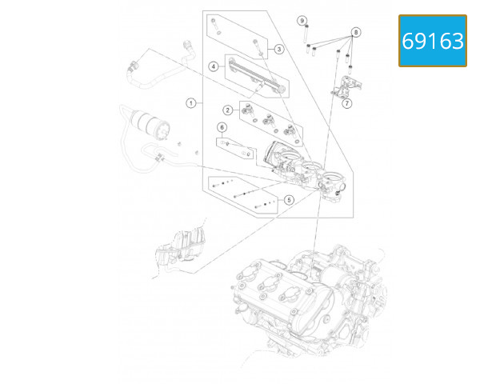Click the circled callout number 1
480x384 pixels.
(191, 102)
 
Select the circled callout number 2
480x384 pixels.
(227, 110)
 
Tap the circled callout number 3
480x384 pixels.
(279, 49)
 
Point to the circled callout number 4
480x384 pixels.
(214, 67)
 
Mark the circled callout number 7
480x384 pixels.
(346, 103)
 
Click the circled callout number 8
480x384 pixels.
(356, 31)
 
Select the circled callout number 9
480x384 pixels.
(302, 19)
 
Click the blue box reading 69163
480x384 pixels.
(433, 41)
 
